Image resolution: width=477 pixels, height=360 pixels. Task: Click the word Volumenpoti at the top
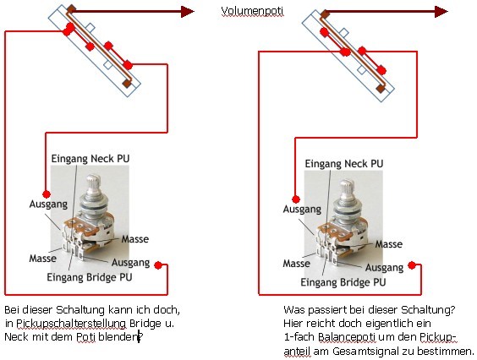[252, 11]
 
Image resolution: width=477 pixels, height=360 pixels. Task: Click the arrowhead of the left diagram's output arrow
[188, 12]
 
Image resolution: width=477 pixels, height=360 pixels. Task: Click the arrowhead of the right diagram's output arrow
[441, 12]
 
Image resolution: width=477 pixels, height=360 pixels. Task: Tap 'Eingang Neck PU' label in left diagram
[90, 158]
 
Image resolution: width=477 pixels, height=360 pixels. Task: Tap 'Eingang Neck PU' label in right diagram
[344, 164]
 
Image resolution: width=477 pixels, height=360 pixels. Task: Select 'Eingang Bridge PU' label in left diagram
[90, 277]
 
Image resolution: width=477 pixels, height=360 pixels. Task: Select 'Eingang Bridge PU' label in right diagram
[343, 282]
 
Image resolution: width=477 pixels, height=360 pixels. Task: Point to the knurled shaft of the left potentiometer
[93, 185]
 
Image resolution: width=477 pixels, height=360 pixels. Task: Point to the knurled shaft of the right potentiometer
[347, 190]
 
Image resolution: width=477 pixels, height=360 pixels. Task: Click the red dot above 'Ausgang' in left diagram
[47, 194]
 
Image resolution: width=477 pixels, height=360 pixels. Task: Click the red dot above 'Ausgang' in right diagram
[296, 199]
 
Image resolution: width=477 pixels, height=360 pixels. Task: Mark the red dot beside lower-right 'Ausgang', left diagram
[158, 265]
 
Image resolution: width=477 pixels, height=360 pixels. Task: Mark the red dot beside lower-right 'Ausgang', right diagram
[412, 265]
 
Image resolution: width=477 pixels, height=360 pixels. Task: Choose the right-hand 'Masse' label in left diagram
[135, 239]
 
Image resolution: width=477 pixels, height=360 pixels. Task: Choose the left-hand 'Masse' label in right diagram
[297, 264]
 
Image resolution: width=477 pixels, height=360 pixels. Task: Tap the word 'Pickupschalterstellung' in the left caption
[71, 323]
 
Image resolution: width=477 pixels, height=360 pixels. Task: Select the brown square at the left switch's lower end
[127, 84]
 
